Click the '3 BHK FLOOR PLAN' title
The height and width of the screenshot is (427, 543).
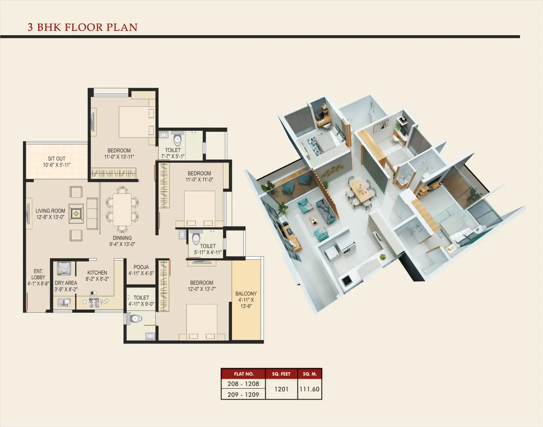pos(83,27)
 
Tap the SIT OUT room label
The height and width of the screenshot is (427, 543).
pos(57,159)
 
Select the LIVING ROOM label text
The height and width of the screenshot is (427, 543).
pos(50,211)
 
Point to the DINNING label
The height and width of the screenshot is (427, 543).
pos(122,238)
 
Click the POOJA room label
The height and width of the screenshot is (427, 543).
pos(141,267)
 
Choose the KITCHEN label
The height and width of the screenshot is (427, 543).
pos(97,273)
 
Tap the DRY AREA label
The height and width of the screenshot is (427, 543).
pos(66,283)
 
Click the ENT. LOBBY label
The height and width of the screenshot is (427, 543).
pos(38,274)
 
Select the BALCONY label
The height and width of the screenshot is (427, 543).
pos(246,294)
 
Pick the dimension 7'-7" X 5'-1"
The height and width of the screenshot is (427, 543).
pos(173,156)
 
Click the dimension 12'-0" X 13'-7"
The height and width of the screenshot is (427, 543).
pos(202,289)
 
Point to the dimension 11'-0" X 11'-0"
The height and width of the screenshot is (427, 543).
pos(199,179)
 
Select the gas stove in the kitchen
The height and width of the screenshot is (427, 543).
pos(94,303)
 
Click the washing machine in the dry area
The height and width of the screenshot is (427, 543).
pos(64,269)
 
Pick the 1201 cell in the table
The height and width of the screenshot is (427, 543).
pos(281,389)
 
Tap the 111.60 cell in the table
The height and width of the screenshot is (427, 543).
pos(310,389)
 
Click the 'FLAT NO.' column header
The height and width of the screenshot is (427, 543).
pos(243,374)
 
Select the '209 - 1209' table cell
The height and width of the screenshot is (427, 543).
pos(243,395)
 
